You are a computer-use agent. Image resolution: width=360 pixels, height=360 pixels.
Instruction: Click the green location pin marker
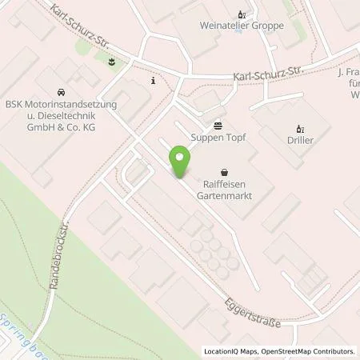pos(180,163)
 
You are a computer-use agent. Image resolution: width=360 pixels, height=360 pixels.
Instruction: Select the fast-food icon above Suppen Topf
pos(218,125)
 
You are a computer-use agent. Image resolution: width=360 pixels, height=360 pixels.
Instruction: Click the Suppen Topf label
pos(218,137)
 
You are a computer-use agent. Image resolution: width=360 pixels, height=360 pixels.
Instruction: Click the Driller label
pos(301,140)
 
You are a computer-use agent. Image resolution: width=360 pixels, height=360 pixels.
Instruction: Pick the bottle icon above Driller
pos(301,128)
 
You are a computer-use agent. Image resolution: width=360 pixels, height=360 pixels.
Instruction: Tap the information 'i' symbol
pos(152,81)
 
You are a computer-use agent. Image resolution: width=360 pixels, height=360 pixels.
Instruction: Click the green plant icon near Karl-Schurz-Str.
pos(111,62)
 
